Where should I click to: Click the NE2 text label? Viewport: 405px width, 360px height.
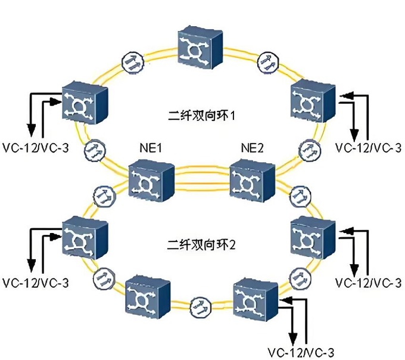click(253, 148)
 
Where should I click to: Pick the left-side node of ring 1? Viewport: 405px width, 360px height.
click(84, 102)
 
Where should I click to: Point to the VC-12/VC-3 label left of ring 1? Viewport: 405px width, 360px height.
click(35, 145)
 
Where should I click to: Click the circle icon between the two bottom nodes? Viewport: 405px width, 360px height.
click(200, 309)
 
